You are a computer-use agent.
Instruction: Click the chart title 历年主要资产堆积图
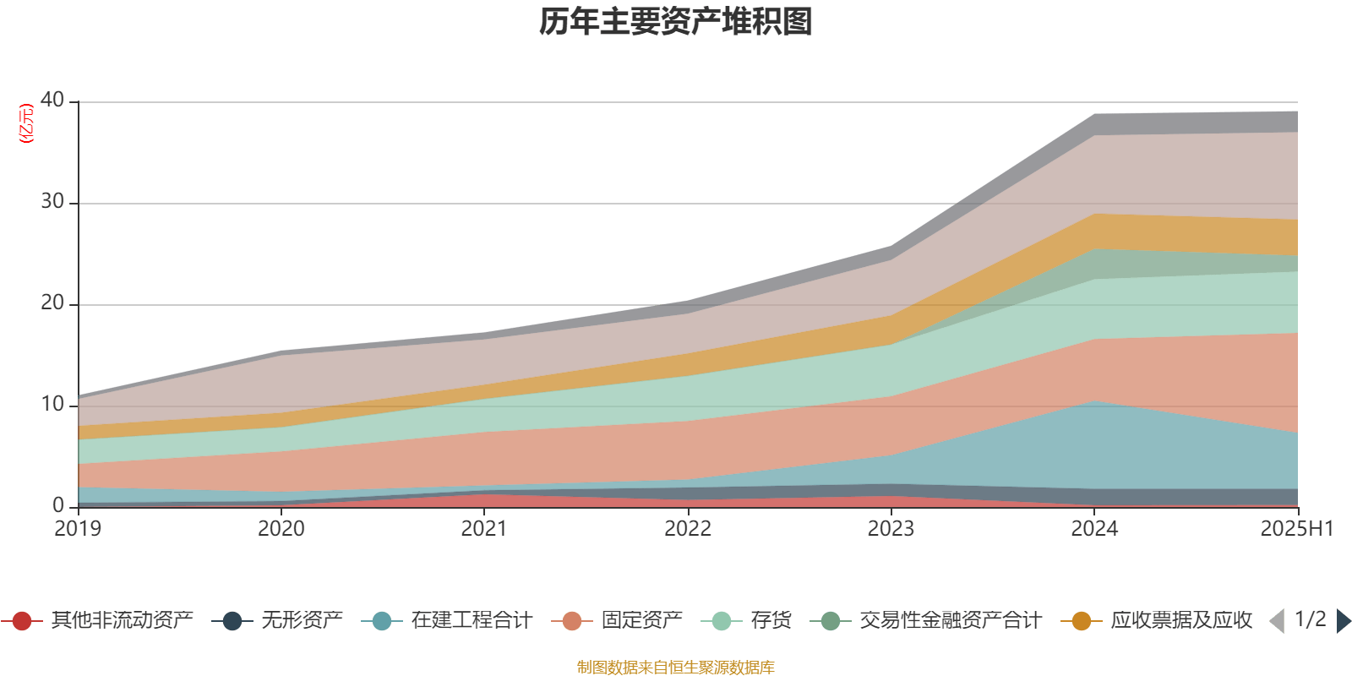(676, 22)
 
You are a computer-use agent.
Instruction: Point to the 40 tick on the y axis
(52, 100)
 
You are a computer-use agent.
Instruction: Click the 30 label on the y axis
(52, 201)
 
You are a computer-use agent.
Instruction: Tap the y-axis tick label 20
(52, 303)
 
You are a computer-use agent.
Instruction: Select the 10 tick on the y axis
(52, 404)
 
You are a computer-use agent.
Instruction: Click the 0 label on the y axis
(58, 505)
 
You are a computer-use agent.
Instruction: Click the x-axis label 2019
(78, 529)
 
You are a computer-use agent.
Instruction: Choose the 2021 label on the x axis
(484, 529)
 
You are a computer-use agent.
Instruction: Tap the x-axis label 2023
(891, 529)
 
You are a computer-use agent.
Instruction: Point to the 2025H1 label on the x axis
(1296, 529)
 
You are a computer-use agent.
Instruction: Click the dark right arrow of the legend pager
(1343, 621)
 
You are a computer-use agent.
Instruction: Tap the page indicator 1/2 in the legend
(1310, 619)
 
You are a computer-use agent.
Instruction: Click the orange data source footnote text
(675, 668)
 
